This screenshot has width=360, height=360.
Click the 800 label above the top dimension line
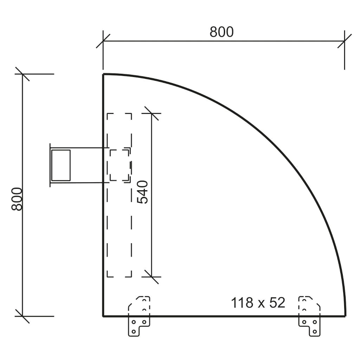tap(221, 32)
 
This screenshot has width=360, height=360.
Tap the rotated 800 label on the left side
tap(17, 199)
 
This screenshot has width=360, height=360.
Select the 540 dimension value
tap(142, 192)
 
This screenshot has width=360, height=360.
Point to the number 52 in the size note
tap(277, 303)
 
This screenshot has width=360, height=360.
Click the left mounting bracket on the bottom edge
tap(139, 316)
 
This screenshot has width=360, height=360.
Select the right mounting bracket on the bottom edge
tap(309, 316)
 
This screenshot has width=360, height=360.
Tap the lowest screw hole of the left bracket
tap(134, 332)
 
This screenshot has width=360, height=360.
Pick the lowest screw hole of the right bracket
tap(315, 332)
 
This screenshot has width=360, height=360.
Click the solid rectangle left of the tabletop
tap(61, 165)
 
